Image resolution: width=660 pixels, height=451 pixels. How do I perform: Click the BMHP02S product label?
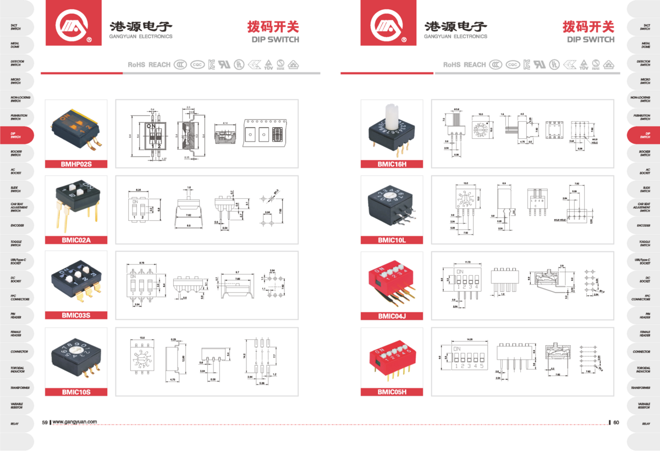76,164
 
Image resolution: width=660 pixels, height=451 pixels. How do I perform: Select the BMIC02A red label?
76,240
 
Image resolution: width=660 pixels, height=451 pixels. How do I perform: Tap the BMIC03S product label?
76,316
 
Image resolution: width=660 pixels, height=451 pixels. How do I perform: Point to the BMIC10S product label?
76,392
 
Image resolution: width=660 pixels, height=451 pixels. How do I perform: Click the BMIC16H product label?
392,164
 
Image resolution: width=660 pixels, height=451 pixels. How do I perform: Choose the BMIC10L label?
392,240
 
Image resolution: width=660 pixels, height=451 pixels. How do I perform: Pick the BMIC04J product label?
392,316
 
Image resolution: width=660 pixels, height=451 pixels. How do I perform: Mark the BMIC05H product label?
392,392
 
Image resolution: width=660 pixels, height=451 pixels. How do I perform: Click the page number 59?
45,422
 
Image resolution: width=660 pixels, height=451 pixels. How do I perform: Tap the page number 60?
616,422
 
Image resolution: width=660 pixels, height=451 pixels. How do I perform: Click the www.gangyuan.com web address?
75,422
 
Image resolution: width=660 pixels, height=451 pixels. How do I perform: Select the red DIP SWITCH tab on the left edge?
16,135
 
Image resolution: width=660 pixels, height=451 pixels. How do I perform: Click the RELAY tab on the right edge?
645,424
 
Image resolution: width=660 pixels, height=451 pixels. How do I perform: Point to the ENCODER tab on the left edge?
16,225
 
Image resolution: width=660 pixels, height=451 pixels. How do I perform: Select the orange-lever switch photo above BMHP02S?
76,130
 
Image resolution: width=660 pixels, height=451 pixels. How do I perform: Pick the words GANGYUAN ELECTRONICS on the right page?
455,37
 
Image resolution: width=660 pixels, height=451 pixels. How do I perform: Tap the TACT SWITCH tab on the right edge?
645,27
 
